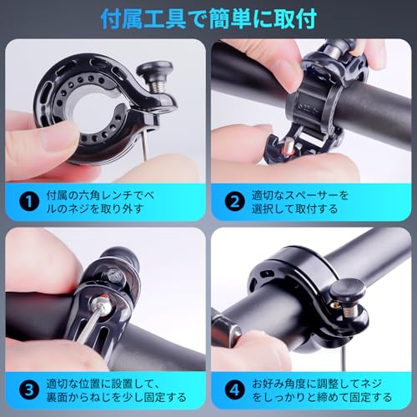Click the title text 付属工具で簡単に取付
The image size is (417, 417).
click(x=208, y=18)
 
